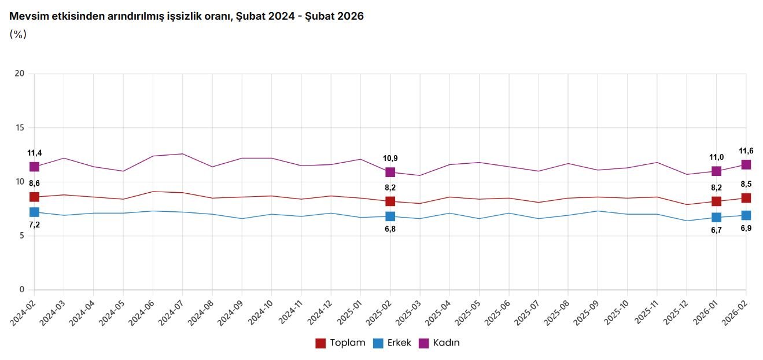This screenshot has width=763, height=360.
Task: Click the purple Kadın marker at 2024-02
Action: [34, 167]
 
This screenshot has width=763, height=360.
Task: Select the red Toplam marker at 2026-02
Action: [746, 198]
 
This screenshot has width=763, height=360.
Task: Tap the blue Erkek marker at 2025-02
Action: [390, 216]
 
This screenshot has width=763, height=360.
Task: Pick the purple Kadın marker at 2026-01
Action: [716, 171]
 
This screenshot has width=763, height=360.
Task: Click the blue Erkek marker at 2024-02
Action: [34, 212]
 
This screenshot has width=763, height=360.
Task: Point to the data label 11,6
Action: [746, 151]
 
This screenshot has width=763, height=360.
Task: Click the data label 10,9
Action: [390, 158]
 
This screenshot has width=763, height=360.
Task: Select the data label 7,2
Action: [34, 225]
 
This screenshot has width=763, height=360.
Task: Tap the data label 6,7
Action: [716, 229]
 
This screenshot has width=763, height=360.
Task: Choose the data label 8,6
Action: [34, 183]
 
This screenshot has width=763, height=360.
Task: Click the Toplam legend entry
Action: [341, 343]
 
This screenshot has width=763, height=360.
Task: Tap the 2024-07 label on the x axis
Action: [171, 313]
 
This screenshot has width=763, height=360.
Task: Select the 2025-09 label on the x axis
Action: [587, 313]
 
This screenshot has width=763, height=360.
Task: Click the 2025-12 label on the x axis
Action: [676, 313]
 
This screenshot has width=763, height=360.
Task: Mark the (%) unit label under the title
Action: [18, 34]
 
